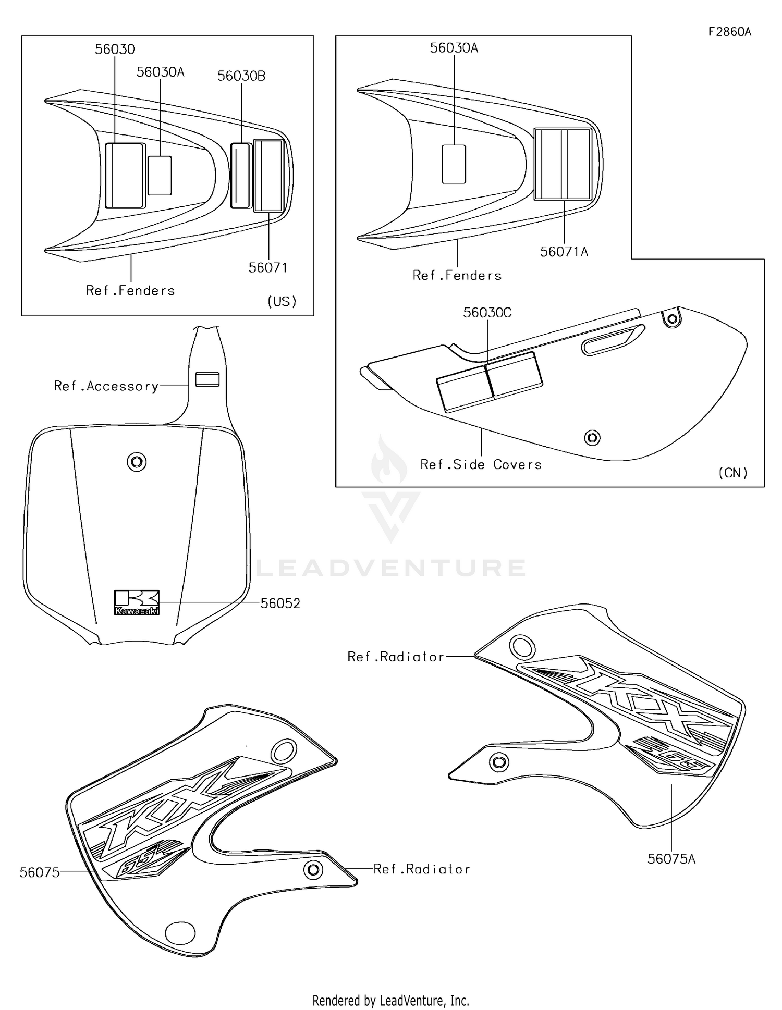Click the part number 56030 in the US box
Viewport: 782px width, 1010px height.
[x=115, y=50]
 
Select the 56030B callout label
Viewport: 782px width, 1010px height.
[x=241, y=76]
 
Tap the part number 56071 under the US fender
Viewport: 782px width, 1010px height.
[x=267, y=267]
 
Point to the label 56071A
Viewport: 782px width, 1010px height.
[x=564, y=252]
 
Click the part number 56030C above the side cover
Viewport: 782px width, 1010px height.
[x=487, y=313]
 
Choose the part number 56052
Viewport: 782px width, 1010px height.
[x=280, y=603]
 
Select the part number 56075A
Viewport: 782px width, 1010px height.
[x=671, y=859]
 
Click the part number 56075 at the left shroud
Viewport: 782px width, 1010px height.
[x=40, y=872]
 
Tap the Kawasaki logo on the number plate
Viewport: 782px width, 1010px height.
[x=137, y=602]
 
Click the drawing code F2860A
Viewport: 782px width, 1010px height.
[x=729, y=32]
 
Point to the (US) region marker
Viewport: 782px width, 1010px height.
[x=282, y=301]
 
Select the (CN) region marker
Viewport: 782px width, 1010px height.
[x=732, y=473]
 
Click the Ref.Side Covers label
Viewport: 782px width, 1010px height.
[x=481, y=464]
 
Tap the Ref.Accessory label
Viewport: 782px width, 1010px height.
[x=106, y=386]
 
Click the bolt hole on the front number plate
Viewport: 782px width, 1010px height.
[x=137, y=462]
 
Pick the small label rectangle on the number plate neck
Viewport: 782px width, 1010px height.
[x=207, y=379]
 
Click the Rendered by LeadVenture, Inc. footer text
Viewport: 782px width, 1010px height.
[x=390, y=1000]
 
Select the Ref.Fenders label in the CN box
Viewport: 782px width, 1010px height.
[x=457, y=275]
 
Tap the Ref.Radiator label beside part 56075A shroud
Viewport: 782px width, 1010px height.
[x=396, y=657]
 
